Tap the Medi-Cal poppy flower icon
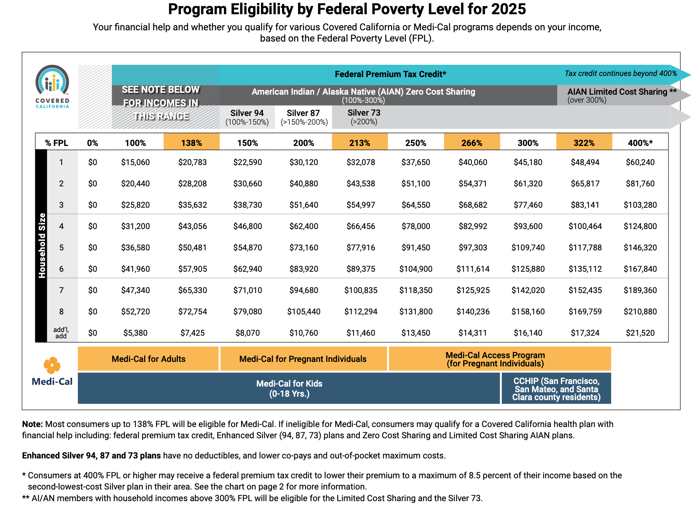coord(52,365)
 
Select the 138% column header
coord(191,143)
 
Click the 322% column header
coord(584,143)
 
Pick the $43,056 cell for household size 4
coord(192,226)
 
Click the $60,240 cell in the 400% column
coord(640,162)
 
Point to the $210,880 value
coord(640,311)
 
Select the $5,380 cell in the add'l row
coord(135,333)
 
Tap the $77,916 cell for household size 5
coord(361,247)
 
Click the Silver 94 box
coord(247,117)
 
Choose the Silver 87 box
coord(304,117)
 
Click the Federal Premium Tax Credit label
coord(390,74)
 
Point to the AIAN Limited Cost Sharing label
coord(618,95)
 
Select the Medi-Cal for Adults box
coord(148,359)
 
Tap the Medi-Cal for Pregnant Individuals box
coord(303,359)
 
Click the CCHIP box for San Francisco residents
coord(556,389)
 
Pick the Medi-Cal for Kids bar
coord(289,388)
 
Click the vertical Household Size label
coord(42,246)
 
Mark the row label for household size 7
coord(61,290)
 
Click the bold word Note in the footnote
coord(33,424)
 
